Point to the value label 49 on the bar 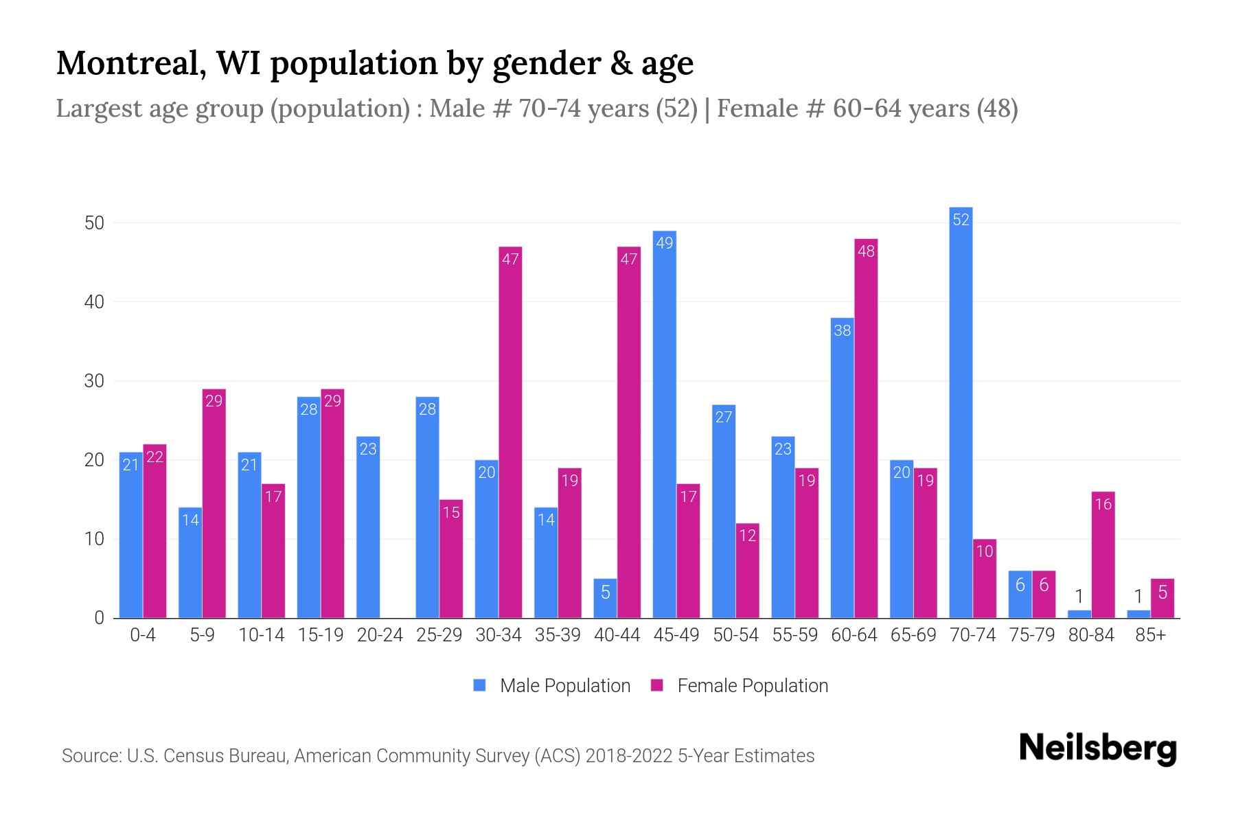point(664,242)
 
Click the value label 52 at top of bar point(961,220)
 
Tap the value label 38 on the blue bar point(842,330)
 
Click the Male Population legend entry point(552,685)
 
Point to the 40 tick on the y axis point(94,302)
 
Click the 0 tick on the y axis point(100,618)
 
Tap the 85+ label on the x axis point(1150,635)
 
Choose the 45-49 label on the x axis point(676,635)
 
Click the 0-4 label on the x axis point(143,635)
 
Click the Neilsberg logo point(1097,748)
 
